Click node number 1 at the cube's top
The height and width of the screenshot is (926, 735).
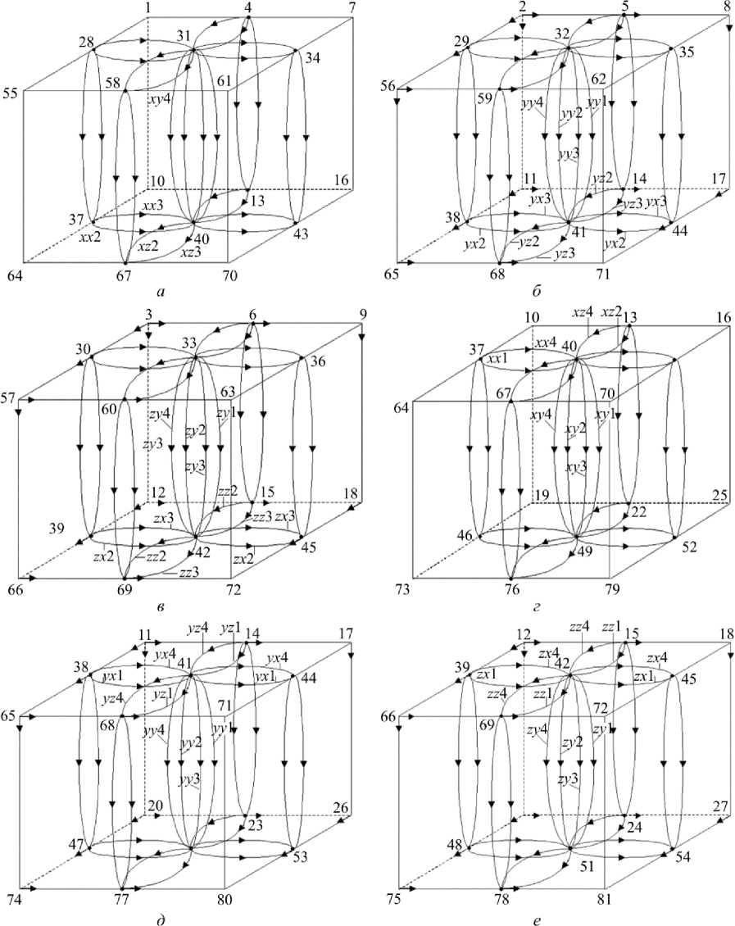147,7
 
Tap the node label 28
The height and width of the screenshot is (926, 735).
88,42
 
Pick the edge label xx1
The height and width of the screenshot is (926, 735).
492,359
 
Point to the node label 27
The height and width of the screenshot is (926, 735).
721,806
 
